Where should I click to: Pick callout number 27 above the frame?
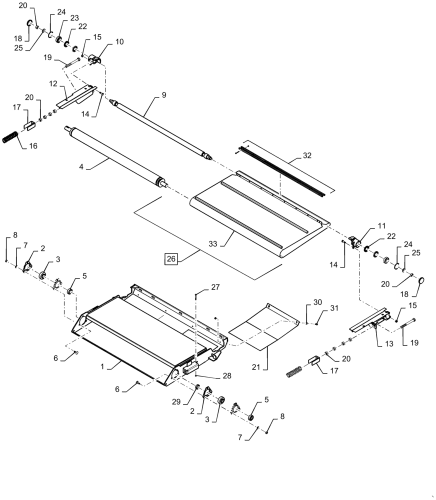[x=215, y=287]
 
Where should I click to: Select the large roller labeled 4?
[x=115, y=155]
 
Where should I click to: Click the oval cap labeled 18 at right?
[x=420, y=281]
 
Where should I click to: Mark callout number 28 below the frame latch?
[x=213, y=375]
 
